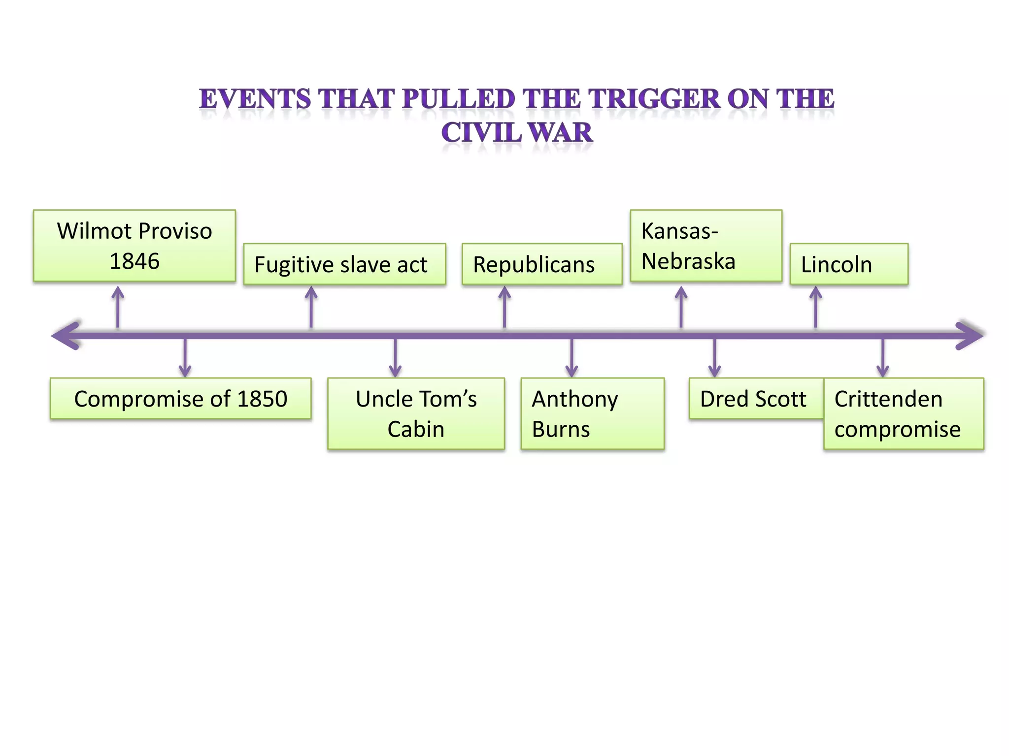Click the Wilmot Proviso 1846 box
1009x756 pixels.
[134, 246]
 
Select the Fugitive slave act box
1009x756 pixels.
[344, 264]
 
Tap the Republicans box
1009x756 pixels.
[542, 264]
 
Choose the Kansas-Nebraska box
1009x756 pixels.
[706, 246]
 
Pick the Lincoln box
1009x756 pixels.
[849, 264]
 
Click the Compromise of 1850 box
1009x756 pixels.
[180, 399]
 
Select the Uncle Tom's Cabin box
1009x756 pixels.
[416, 414]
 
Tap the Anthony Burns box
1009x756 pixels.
[592, 414]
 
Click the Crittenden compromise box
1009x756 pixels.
[904, 414]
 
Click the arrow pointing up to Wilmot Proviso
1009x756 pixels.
[118, 307]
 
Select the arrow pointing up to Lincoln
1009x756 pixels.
[816, 307]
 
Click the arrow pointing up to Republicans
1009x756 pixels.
[504, 307]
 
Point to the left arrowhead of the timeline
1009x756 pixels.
[66, 336]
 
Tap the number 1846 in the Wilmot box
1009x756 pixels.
[135, 261]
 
